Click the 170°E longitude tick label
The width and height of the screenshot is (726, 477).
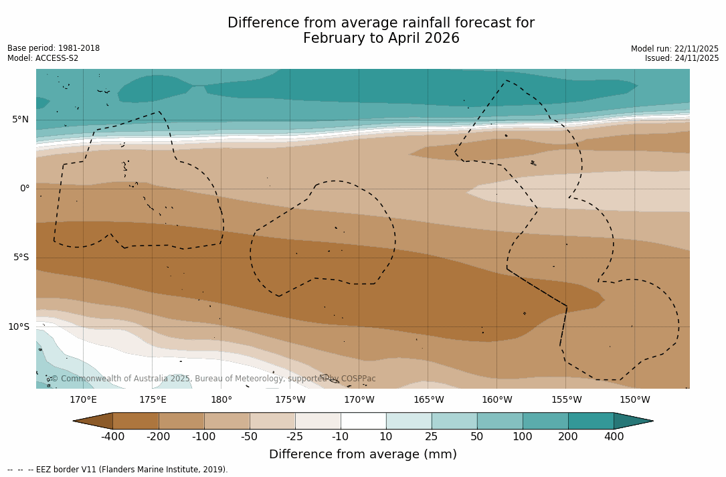[x=83, y=400]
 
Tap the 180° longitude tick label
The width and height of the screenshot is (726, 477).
[x=221, y=400]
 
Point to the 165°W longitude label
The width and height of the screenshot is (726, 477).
[x=428, y=400]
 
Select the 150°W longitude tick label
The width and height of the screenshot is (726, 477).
[x=634, y=400]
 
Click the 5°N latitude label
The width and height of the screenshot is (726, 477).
[x=20, y=120]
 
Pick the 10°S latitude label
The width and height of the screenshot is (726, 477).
[x=19, y=327]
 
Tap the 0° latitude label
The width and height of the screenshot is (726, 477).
[x=25, y=189]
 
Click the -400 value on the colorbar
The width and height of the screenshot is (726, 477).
[x=113, y=437]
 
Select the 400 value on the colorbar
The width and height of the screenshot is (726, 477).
[x=614, y=437]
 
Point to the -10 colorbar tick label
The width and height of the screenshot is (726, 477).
[x=341, y=437]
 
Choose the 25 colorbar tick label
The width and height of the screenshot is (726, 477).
[x=432, y=437]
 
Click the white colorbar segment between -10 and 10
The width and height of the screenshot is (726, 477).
[x=363, y=421]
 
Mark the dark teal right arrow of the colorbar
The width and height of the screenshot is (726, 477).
[x=632, y=421]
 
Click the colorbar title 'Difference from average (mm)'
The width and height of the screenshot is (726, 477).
[x=363, y=455]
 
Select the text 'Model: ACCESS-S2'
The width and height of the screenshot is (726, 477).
[x=43, y=58]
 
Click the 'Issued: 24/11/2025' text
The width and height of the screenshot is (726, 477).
[x=682, y=58]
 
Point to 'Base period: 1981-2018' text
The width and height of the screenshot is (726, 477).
[x=54, y=48]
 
